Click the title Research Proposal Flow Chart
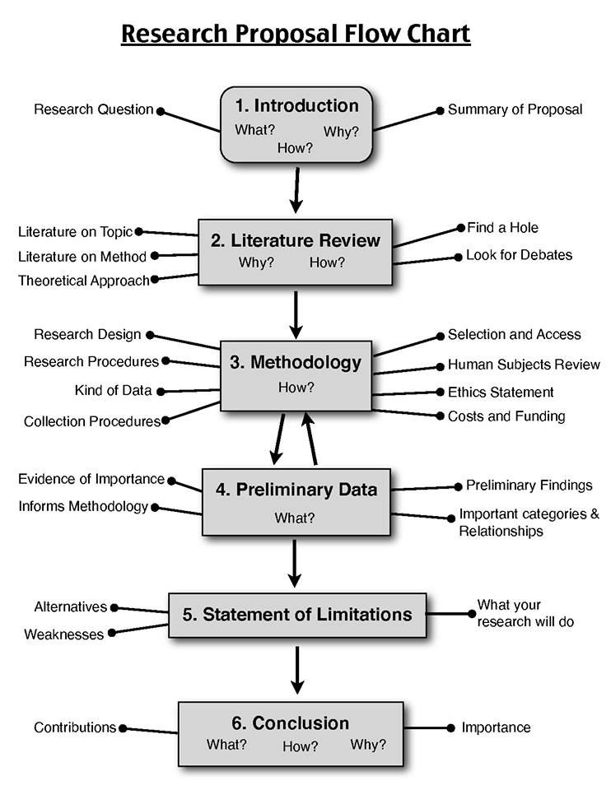pos(296,34)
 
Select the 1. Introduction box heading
pos(296,105)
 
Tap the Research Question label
pos(93,109)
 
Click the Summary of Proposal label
pos(515,109)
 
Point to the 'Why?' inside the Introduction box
pos(341,132)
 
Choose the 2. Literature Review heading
pos(296,240)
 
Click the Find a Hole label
pos(502,227)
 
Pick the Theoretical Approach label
pos(83,281)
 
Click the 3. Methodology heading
pos(296,362)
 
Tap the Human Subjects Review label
pos(524,365)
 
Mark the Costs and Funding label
pos(506,416)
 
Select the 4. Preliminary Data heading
pos(296,490)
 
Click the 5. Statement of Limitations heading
pos(297,614)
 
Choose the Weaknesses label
pos(63,634)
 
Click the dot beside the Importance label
pos(450,727)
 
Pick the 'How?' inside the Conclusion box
pos(300,746)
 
